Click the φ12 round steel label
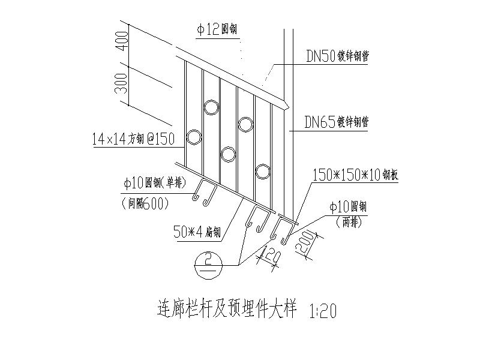218,28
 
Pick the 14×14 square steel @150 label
133,139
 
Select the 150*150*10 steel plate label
356,175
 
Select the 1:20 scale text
324,311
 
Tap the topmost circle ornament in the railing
211,107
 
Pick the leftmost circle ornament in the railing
194,137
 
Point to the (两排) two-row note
350,220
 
